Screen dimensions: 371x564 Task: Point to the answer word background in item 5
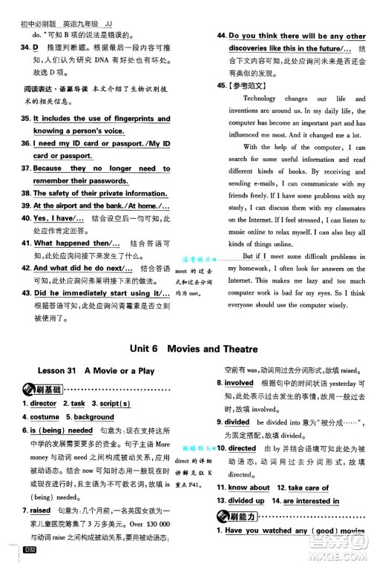(x=94, y=417)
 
